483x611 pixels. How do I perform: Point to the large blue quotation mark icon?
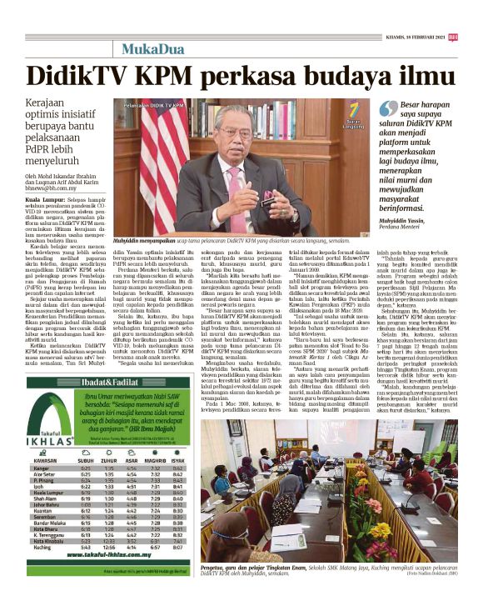point(387,108)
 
